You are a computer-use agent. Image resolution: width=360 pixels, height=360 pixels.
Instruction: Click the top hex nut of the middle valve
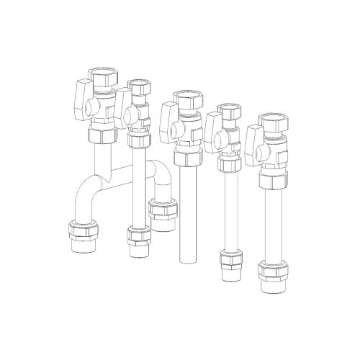(x=184, y=99)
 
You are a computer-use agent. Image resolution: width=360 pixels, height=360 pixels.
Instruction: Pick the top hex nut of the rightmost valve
(x=271, y=121)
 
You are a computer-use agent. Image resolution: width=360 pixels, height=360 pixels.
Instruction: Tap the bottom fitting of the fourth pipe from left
(x=231, y=259)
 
